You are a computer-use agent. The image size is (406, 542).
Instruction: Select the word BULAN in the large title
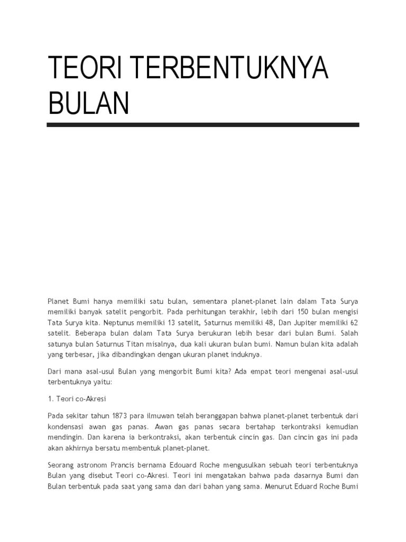(89, 103)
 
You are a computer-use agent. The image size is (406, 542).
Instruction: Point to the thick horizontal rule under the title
(203, 125)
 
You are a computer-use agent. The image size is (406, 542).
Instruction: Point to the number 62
(353, 322)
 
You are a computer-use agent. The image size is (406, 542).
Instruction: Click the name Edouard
(195, 465)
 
